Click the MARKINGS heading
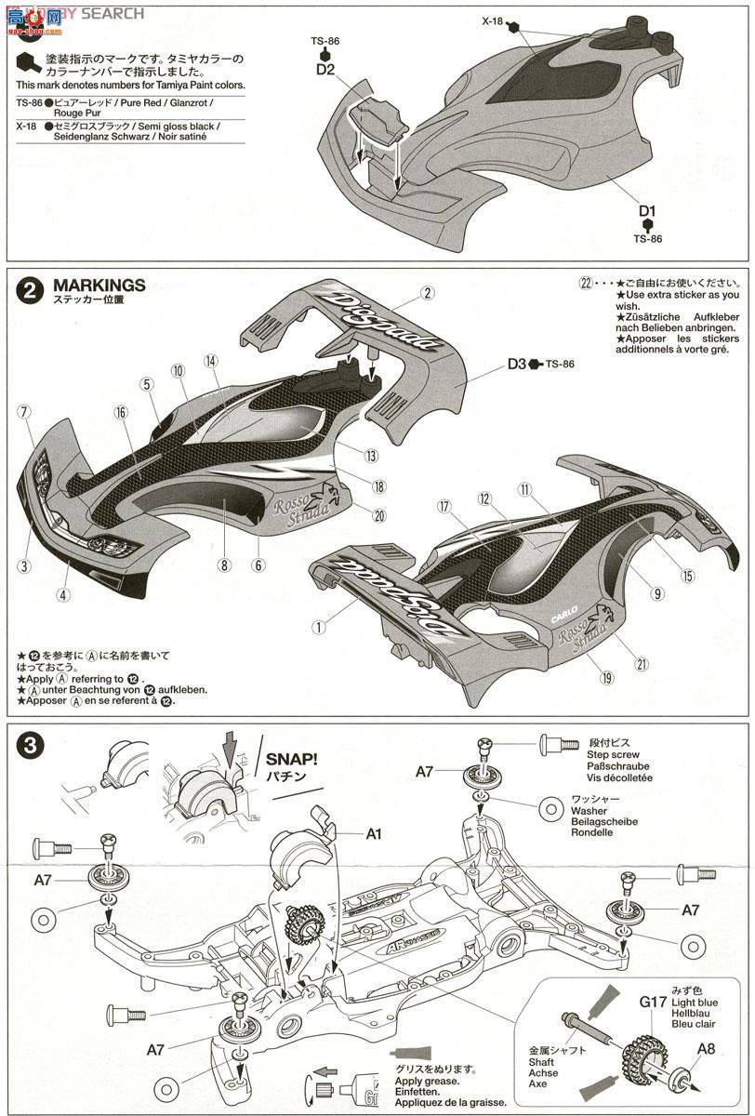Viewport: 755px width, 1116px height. pos(99,286)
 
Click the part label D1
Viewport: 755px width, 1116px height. pos(647,211)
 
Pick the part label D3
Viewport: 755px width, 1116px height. pos(517,364)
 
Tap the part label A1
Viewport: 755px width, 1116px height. pos(373,833)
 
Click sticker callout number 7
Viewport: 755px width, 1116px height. pos(24,411)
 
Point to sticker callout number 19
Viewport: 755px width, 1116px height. pos(607,678)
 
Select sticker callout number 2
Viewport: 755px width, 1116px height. pos(427,293)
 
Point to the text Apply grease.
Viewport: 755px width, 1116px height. pos(427,1081)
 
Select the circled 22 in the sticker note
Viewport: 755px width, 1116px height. pos(585,283)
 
